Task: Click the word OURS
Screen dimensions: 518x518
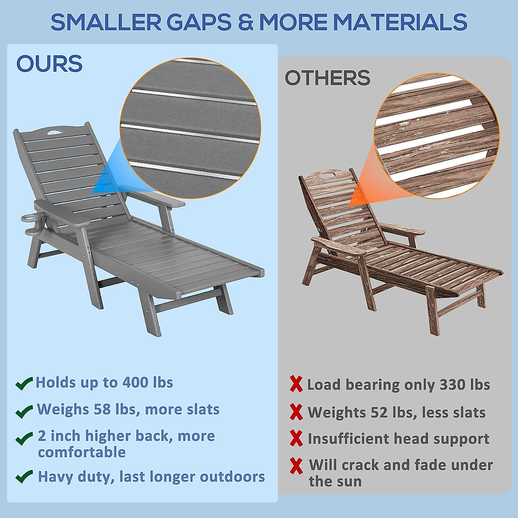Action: [49, 64]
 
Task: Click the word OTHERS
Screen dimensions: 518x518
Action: [327, 78]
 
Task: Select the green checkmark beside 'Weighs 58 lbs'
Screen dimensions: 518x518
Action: [24, 411]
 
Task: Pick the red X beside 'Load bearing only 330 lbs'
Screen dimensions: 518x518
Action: [296, 384]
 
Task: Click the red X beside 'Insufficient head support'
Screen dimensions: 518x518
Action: [296, 439]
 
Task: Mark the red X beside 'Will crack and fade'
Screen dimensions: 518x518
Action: [296, 465]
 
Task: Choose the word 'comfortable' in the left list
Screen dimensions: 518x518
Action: [82, 452]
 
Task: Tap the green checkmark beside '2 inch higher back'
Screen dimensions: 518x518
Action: [24, 439]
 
